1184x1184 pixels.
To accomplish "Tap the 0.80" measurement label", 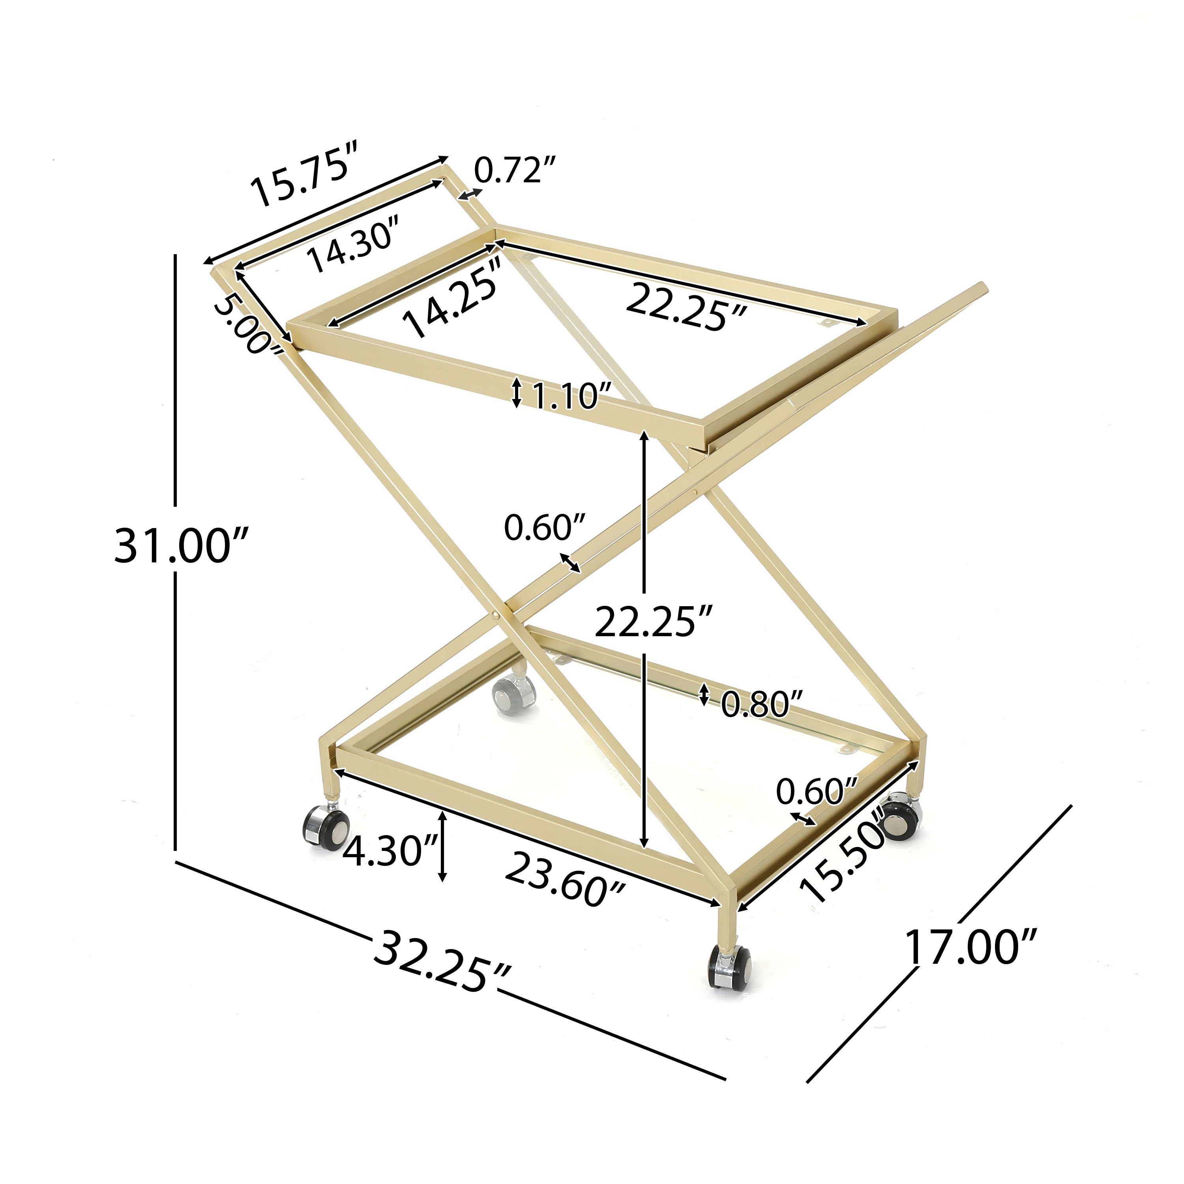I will pyautogui.click(x=762, y=704).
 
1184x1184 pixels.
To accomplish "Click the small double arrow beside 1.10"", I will pyautogui.click(x=517, y=393).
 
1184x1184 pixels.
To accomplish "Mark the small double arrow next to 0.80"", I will pyautogui.click(x=704, y=694).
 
